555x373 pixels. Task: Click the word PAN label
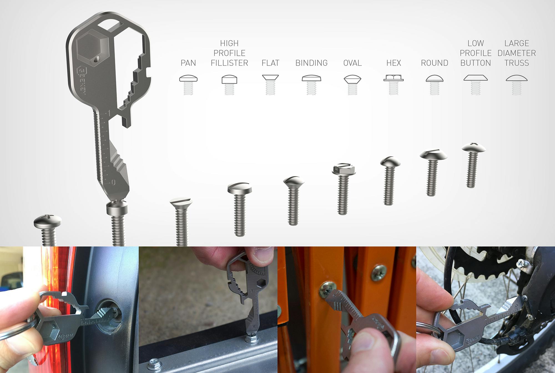(188, 63)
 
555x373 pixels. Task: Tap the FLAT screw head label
(270, 63)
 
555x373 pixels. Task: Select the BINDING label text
(311, 63)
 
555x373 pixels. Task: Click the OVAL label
(352, 63)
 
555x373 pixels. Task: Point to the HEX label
(393, 63)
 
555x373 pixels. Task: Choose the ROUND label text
(435, 63)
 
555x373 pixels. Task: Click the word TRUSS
(517, 63)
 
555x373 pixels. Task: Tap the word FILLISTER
(229, 63)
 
